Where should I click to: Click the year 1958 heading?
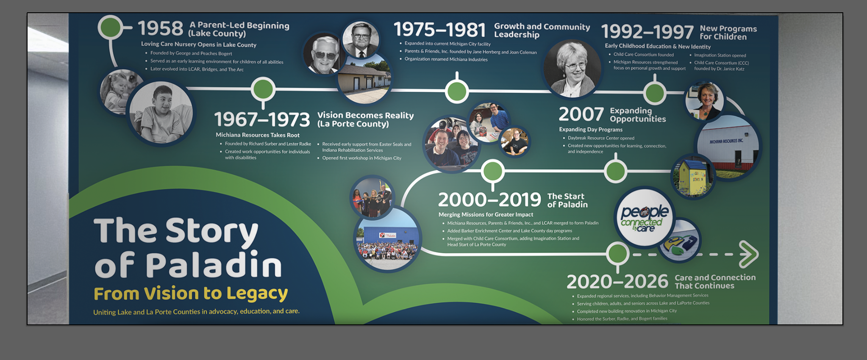(161, 29)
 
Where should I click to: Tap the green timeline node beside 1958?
(110, 28)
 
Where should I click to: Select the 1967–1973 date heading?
(262, 119)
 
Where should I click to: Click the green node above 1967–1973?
(263, 89)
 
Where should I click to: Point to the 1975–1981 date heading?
(439, 30)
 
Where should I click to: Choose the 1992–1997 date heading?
(647, 32)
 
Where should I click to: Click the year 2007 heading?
(581, 114)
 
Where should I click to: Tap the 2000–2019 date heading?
(489, 199)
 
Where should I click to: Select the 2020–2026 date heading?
(617, 282)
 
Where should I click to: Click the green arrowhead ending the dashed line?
(750, 254)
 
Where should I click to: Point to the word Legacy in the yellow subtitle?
(257, 294)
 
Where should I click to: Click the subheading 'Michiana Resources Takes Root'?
(258, 135)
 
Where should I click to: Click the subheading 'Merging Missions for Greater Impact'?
(486, 215)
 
